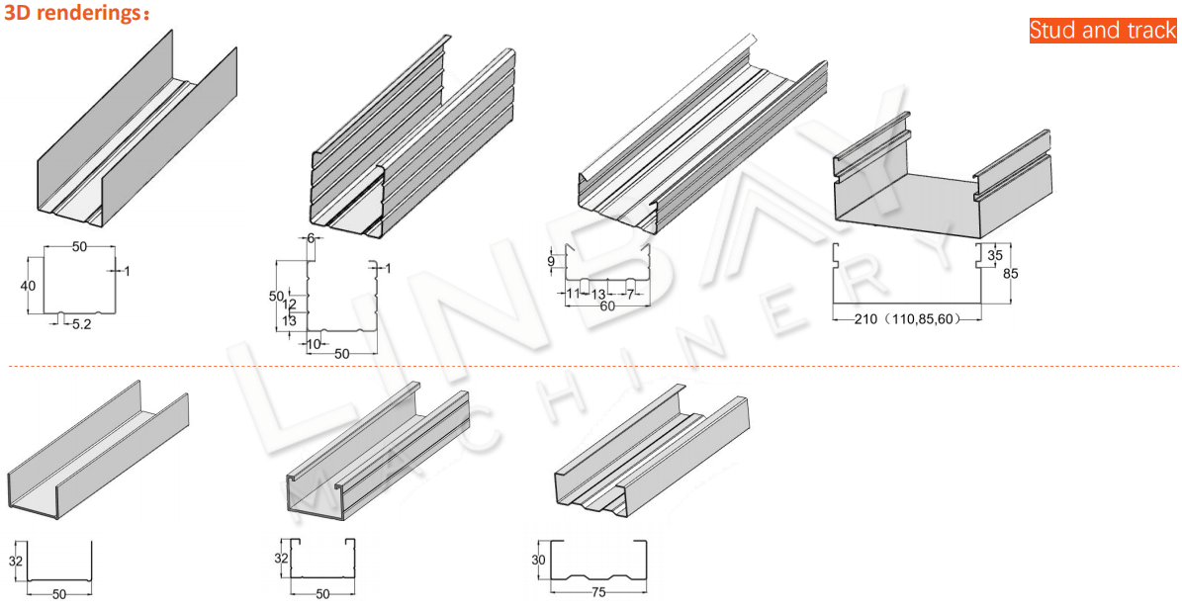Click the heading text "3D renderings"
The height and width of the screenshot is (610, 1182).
click(x=72, y=14)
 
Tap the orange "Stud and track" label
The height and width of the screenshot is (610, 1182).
click(x=1103, y=30)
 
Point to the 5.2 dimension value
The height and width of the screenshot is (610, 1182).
click(x=81, y=325)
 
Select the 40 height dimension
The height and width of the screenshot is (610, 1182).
click(x=28, y=286)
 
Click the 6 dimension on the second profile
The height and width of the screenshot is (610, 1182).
click(x=310, y=237)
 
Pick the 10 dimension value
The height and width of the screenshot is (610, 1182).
click(x=315, y=344)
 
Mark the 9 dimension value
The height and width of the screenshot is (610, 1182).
click(x=551, y=261)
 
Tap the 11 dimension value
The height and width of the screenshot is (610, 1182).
click(x=574, y=293)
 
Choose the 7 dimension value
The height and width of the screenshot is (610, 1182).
click(x=630, y=293)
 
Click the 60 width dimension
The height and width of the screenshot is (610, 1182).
click(x=607, y=306)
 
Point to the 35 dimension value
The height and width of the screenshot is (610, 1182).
click(x=995, y=255)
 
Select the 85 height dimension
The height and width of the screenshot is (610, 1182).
click(x=1010, y=274)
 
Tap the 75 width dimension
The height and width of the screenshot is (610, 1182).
click(x=598, y=592)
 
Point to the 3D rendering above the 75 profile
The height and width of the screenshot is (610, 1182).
click(x=652, y=451)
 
